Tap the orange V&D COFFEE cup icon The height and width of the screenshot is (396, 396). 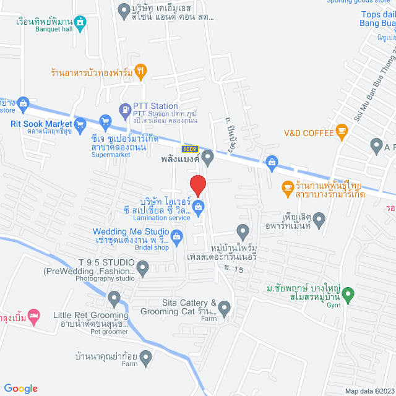[341, 131]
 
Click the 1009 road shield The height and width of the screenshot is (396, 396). [191, 149]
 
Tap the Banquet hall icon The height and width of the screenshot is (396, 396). [81, 23]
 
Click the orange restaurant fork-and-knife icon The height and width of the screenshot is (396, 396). [141, 71]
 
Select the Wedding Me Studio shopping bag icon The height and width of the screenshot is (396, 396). [177, 235]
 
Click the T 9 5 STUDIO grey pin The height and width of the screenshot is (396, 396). [143, 269]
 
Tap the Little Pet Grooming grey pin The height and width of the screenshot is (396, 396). [114, 299]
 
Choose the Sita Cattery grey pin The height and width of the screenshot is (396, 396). [224, 307]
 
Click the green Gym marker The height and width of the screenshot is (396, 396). [348, 293]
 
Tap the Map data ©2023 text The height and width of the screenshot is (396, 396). [369, 390]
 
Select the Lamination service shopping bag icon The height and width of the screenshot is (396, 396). [198, 207]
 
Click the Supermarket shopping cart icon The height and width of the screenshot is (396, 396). [105, 122]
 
